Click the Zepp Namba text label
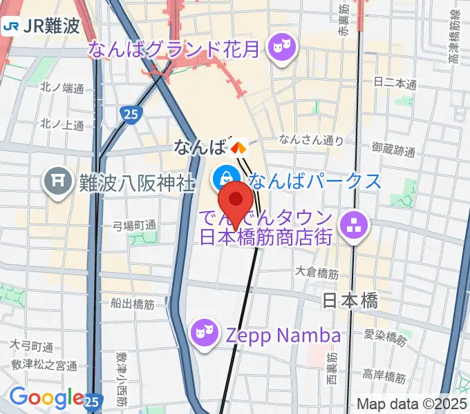[283, 336]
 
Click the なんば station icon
[238, 146]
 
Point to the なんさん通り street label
[311, 140]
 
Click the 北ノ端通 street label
[62, 88]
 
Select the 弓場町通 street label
[135, 225]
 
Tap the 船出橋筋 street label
[131, 303]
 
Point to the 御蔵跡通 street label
[393, 148]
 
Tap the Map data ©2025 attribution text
[412, 404]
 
